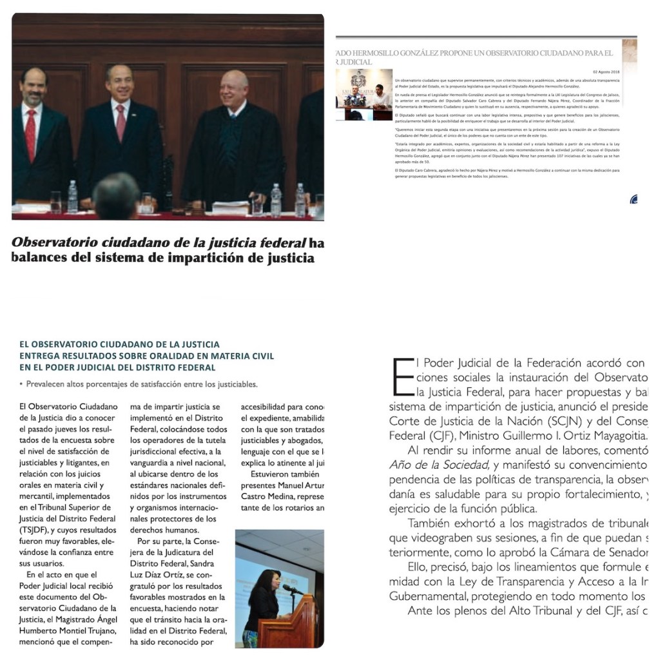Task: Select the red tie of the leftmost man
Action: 30,133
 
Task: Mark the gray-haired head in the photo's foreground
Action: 116,196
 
